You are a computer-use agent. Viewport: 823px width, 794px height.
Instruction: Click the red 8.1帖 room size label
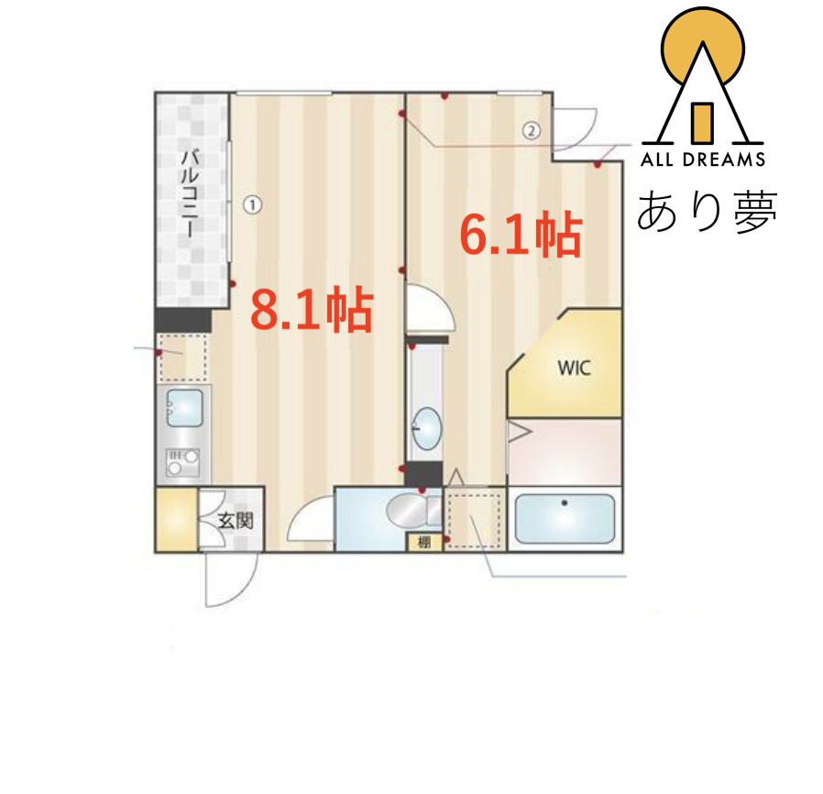pos(312,310)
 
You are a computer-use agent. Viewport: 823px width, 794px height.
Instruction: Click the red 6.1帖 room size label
pos(520,235)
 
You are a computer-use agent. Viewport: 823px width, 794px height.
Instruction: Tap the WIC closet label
pos(575,369)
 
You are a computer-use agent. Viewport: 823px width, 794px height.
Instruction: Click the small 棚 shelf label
pos(423,542)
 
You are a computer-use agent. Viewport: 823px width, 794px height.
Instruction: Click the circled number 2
pos(531,129)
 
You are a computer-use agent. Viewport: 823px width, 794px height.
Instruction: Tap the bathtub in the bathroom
pos(565,519)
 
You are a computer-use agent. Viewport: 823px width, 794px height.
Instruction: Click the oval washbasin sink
pos(425,427)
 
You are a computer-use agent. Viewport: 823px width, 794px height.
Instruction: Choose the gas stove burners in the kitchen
pos(181,462)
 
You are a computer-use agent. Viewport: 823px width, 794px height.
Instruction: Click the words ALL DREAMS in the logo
pos(703,160)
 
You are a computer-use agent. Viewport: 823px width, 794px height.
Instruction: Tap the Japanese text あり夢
pos(708,211)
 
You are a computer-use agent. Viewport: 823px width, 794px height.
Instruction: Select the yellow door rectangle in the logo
pos(702,122)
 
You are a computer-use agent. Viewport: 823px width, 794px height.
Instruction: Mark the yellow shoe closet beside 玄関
pos(176,521)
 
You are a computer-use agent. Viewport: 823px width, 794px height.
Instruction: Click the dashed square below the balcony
pos(182,358)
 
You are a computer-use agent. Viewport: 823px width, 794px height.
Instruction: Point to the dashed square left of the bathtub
pos(475,519)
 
